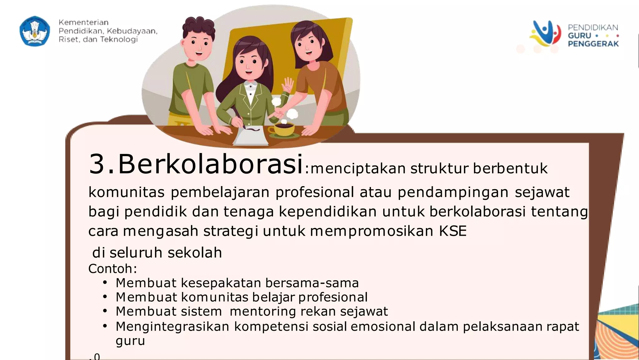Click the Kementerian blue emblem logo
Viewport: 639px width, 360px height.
tap(35, 31)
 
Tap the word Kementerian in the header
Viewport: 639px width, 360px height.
tap(83, 22)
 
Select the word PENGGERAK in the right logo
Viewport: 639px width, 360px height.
tap(593, 44)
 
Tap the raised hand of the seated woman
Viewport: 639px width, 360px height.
tap(288, 85)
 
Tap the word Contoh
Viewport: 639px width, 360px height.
tap(111, 269)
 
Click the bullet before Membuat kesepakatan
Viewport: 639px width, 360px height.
tap(105, 283)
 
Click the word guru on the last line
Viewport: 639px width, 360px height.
tap(130, 341)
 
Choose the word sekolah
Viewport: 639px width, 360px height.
tap(194, 253)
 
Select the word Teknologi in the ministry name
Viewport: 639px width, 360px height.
tap(119, 40)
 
